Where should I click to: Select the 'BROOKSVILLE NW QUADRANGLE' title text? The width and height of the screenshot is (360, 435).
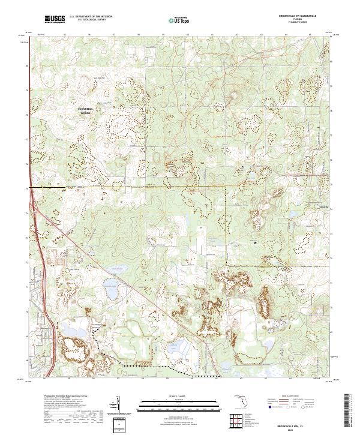295,14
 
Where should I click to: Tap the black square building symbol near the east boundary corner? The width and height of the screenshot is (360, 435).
255,242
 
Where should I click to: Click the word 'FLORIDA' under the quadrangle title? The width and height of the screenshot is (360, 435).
295,18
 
